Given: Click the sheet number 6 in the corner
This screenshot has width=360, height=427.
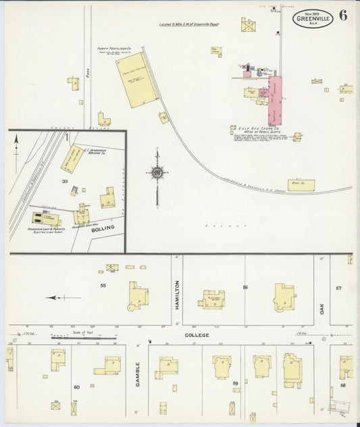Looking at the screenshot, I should (x=343, y=16).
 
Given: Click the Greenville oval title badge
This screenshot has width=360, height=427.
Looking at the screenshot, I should (x=313, y=18).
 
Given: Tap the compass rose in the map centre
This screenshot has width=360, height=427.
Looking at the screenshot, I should (x=157, y=173).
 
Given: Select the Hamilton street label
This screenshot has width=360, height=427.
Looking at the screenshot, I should (x=177, y=295).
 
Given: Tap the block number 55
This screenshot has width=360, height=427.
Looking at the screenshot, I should (x=103, y=286).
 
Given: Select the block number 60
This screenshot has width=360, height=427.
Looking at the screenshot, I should (x=76, y=386).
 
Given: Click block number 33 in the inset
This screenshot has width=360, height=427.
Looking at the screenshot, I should (x=66, y=181).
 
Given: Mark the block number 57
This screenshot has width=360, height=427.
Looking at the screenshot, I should (x=339, y=288).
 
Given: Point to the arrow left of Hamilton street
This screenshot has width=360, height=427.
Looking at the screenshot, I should (x=63, y=297).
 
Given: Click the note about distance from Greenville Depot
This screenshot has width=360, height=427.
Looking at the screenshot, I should (x=190, y=25).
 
